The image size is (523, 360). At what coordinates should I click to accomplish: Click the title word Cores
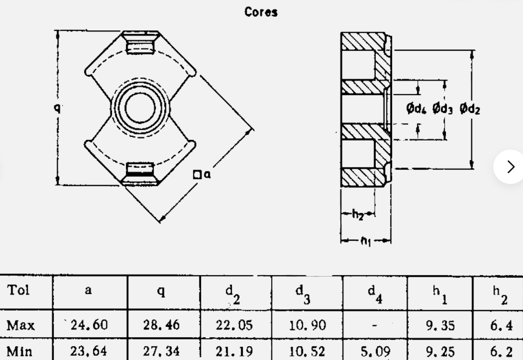[x=261, y=12]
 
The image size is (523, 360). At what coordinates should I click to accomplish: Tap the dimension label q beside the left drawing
[x=57, y=107]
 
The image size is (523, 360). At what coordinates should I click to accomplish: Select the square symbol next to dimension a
[x=197, y=175]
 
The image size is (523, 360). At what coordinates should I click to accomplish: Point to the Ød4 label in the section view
[x=416, y=109]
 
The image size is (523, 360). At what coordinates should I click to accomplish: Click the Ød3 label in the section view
[x=442, y=109]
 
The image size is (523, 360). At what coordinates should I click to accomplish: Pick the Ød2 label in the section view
[x=470, y=109]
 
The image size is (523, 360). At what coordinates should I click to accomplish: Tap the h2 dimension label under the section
[x=358, y=215]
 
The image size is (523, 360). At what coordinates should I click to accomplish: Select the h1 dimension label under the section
[x=365, y=241]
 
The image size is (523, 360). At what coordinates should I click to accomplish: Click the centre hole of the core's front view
[x=140, y=107]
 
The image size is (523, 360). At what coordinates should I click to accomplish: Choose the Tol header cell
[x=18, y=290]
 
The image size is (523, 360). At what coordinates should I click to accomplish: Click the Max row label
[x=21, y=325]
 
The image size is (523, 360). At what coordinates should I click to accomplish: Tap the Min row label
[x=19, y=351]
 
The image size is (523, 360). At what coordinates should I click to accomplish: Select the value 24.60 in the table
[x=89, y=325]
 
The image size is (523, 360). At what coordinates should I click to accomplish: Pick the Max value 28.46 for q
[x=161, y=325]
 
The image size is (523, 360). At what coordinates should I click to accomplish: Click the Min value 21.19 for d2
[x=234, y=351]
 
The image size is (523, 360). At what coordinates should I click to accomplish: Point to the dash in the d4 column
[x=374, y=325]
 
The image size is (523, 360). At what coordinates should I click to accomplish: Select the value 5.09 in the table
[x=375, y=351]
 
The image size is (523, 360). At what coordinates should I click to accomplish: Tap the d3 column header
[x=303, y=294]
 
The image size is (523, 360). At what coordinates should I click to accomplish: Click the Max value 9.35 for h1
[x=440, y=325]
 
